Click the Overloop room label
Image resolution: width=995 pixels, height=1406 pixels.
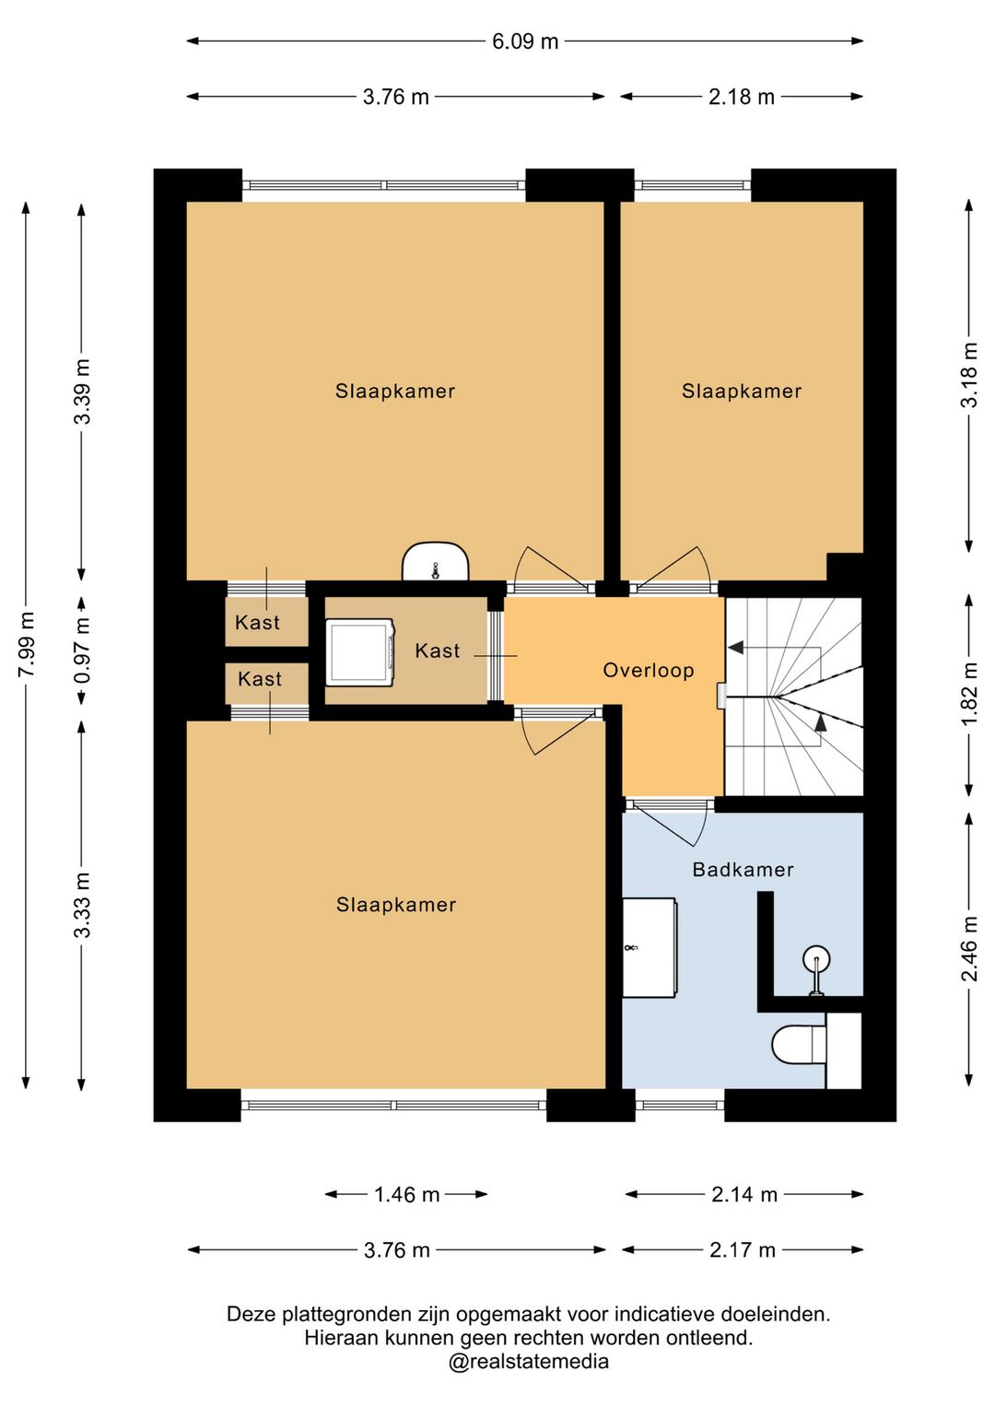649,671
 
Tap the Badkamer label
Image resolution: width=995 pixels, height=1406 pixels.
743,870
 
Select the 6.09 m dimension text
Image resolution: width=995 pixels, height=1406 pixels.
525,41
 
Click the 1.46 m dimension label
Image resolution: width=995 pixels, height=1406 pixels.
406,1194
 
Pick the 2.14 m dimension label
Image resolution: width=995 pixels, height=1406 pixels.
743,1194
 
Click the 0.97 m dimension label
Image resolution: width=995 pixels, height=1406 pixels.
82,650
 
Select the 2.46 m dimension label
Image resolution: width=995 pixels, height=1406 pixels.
970,948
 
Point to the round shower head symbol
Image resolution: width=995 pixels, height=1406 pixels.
816,959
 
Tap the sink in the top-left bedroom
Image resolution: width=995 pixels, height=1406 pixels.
435,560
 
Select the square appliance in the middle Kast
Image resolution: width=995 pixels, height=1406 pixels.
359,652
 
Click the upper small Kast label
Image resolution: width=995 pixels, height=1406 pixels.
257,623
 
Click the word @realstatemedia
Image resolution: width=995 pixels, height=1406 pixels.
529,1362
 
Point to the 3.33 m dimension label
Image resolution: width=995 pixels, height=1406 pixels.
82,905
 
